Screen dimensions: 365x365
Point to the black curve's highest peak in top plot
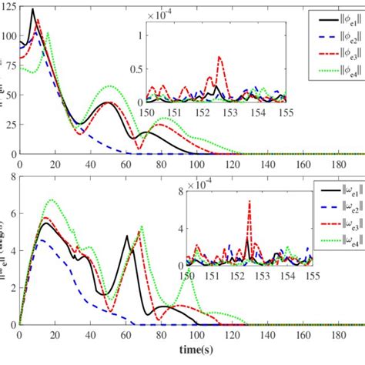(32, 10)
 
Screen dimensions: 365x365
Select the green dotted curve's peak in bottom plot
(52, 200)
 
